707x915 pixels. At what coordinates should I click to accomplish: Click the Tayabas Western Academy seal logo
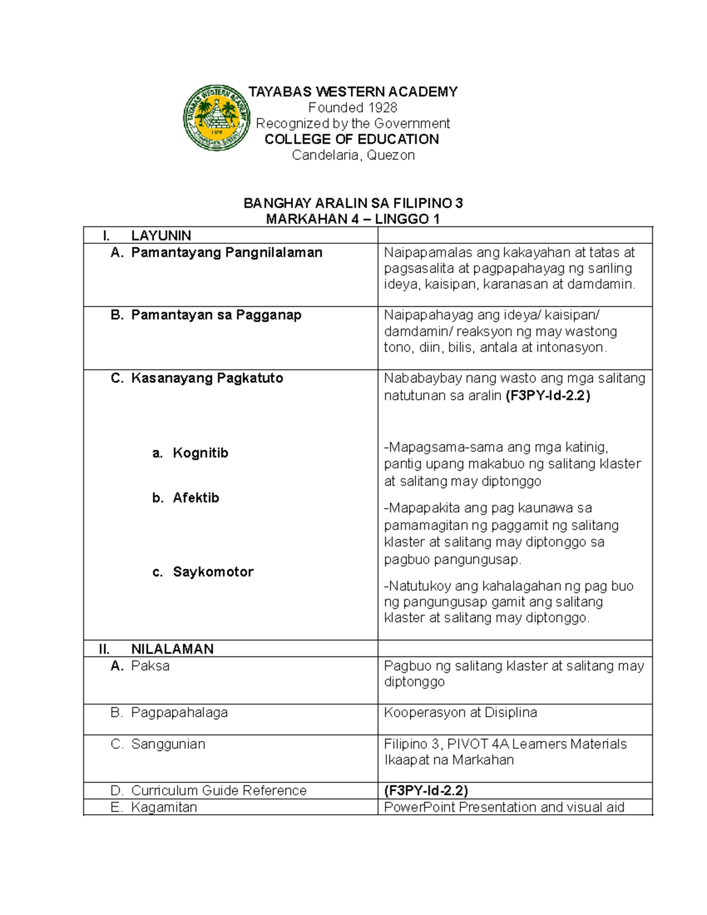click(x=217, y=118)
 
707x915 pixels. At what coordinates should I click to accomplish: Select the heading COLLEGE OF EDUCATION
click(x=352, y=140)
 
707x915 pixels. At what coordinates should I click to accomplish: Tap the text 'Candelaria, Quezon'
click(x=353, y=156)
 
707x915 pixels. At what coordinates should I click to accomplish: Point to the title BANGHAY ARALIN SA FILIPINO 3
click(x=353, y=204)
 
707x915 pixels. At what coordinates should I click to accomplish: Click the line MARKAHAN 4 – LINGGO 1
click(x=353, y=220)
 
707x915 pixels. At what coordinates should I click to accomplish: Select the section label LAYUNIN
click(x=161, y=236)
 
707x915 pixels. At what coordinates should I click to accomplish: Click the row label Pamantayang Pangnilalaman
click(x=226, y=253)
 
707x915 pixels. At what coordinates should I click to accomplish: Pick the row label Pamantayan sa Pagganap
click(x=216, y=315)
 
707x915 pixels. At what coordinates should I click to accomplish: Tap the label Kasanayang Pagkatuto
click(x=207, y=378)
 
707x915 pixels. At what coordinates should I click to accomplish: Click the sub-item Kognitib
click(x=200, y=453)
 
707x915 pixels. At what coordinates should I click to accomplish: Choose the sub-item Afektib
click(x=196, y=498)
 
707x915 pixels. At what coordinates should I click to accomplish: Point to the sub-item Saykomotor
click(x=213, y=572)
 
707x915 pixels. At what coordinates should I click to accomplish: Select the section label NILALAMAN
click(x=172, y=649)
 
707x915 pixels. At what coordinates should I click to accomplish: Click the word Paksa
click(x=150, y=666)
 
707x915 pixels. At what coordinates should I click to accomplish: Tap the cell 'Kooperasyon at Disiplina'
click(x=460, y=713)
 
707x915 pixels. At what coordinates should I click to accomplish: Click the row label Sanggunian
click(x=168, y=744)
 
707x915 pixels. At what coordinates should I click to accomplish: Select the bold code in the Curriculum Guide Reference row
click(x=425, y=791)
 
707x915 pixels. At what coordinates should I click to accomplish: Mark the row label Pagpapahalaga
click(x=179, y=713)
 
